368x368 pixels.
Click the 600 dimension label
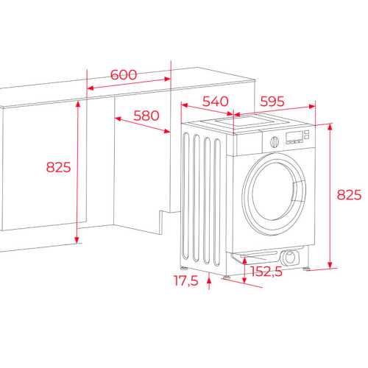tap(124, 74)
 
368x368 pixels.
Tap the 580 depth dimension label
tap(146, 116)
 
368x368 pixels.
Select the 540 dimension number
tap(215, 102)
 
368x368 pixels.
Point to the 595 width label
tap(272, 102)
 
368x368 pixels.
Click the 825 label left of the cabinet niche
tap(58, 167)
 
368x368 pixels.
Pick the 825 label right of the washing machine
tap(349, 195)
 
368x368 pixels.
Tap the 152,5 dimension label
tap(266, 272)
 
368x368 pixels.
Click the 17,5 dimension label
tap(185, 280)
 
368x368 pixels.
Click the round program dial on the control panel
tap(275, 142)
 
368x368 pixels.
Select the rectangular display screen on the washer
tap(294, 137)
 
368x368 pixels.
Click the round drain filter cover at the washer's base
tap(289, 258)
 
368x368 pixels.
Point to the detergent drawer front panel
tap(248, 144)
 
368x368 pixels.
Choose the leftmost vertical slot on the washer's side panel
tap(186, 196)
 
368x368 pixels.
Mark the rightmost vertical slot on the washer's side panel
tap(217, 202)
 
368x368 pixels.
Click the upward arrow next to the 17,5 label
tap(209, 281)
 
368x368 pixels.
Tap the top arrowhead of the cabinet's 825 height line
tap(78, 104)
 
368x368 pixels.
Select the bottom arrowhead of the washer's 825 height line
tap(330, 265)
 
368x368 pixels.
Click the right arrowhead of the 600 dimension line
tap(167, 79)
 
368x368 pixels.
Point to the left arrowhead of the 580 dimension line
tap(118, 118)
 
